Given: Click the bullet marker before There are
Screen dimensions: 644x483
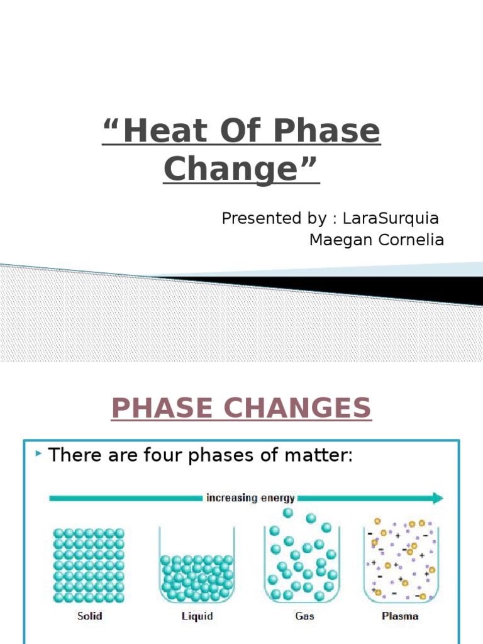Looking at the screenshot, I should click(x=39, y=453).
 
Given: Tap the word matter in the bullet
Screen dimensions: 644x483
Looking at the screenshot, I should click(x=316, y=455).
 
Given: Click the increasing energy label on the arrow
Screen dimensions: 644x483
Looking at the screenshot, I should click(x=250, y=498).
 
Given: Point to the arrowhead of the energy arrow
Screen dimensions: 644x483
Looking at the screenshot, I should click(x=436, y=498).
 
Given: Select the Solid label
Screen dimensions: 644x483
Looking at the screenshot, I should click(x=89, y=616).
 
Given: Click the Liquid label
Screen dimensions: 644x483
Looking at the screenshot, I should click(x=197, y=616).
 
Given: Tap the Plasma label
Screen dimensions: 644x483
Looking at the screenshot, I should click(x=400, y=616).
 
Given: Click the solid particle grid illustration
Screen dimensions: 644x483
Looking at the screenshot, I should click(x=89, y=564).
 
